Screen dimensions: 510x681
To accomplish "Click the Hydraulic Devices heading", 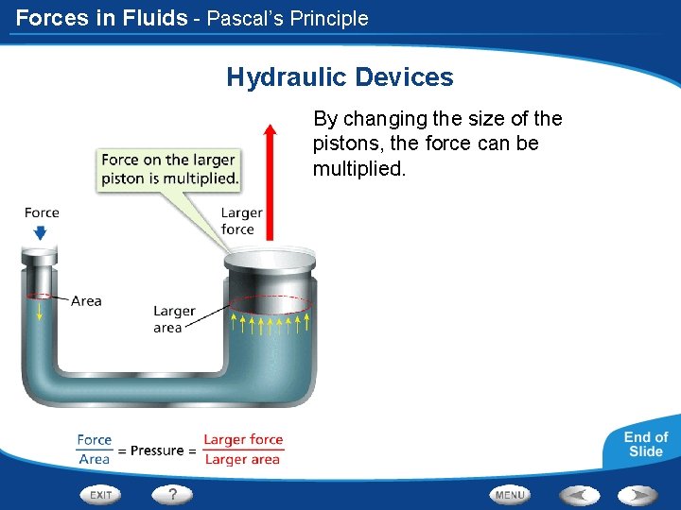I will pos(340,77).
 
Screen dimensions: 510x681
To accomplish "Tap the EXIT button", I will pos(100,494).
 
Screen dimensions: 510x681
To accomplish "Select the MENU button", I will pos(510,494).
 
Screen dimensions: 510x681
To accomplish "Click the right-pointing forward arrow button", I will pos(637,494).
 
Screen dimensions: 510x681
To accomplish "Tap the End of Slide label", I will pos(645,444).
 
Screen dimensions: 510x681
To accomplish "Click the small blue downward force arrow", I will pos(42,229).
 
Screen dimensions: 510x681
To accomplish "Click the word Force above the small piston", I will pos(42,212).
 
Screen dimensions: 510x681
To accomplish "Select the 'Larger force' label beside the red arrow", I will pos(241,221).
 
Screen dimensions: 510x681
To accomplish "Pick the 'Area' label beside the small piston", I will pos(86,301).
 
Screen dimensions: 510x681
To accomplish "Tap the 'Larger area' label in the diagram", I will pos(174,318).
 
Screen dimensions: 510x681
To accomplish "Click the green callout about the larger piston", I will pos(169,169).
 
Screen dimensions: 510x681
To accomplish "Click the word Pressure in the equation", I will pos(157,450).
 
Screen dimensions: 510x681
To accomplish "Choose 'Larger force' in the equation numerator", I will pos(243,439).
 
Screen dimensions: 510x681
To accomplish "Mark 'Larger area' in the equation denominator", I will pos(242,460).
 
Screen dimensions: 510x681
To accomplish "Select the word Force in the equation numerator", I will pos(94,439).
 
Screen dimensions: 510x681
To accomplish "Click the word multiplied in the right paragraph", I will pos(357,169).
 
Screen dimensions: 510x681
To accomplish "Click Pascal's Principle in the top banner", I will pos(288,18).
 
